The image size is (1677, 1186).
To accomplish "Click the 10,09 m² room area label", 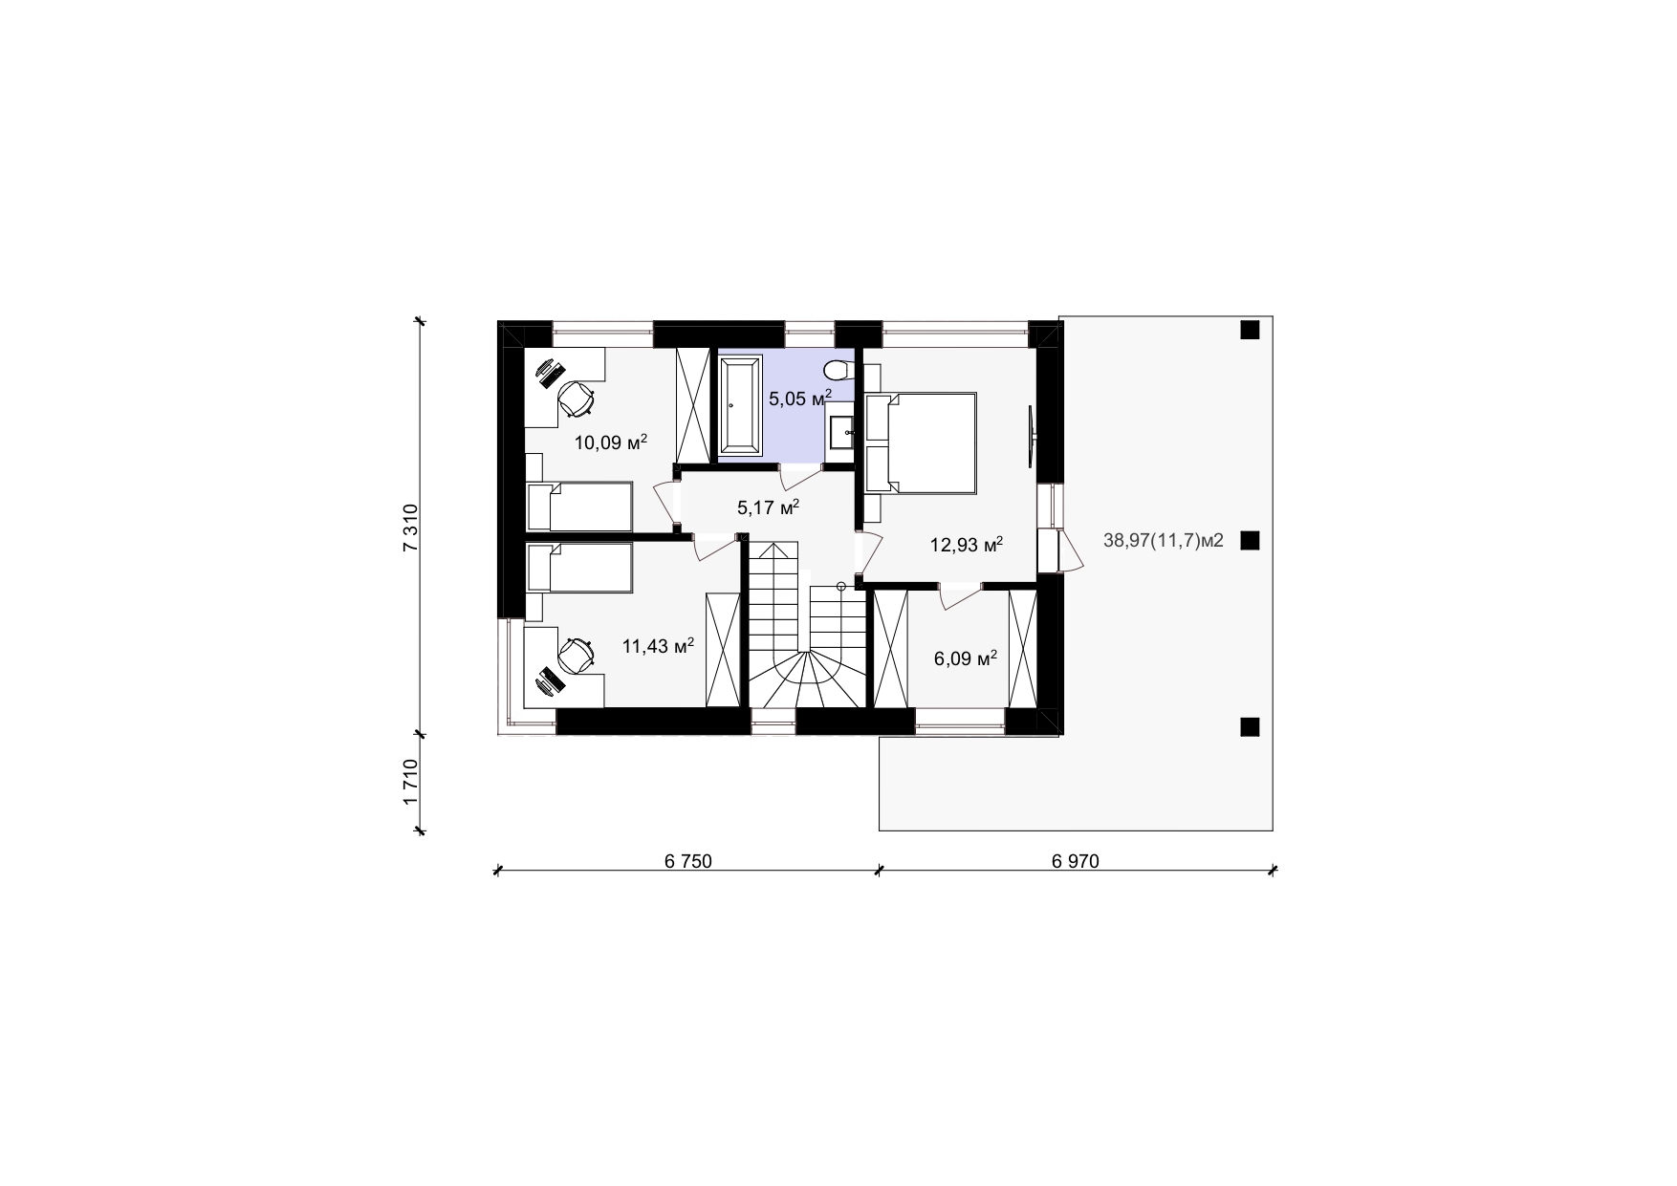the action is (x=611, y=442).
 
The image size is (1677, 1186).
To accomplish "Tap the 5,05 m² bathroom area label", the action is (x=800, y=398).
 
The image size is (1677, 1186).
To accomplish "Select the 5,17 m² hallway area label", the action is (x=768, y=507).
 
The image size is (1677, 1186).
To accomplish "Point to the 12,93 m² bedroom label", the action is (x=967, y=545).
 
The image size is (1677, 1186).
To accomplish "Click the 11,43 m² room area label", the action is (x=658, y=646).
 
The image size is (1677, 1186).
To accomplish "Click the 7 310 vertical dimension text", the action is (x=411, y=528).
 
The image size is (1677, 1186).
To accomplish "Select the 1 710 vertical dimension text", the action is (x=411, y=782).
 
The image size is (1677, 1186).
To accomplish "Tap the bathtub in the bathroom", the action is (x=740, y=404).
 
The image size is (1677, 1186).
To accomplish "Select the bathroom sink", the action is (x=840, y=433).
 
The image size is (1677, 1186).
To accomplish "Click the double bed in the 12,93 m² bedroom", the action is (x=921, y=442).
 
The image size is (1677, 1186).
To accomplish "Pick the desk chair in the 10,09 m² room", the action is (x=577, y=399).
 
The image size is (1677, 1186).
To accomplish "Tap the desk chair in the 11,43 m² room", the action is (x=576, y=656).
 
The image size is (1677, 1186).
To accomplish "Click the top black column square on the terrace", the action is (x=1250, y=331).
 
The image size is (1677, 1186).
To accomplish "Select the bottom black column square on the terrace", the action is (x=1250, y=727).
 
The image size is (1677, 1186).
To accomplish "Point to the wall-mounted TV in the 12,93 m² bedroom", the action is (x=1031, y=436).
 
